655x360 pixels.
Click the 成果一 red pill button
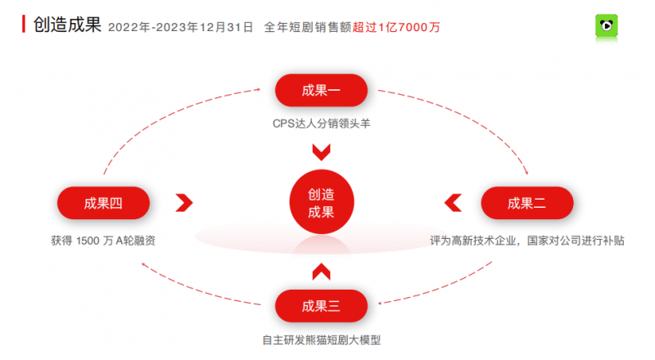point(321,90)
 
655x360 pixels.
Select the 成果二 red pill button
point(527,203)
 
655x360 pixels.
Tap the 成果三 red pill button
point(321,306)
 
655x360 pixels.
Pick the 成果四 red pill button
point(103,203)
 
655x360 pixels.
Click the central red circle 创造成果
point(321,202)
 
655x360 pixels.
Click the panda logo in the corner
point(607,28)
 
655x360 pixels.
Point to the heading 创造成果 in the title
point(67,25)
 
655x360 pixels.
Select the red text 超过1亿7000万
point(396,27)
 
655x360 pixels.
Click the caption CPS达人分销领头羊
point(321,124)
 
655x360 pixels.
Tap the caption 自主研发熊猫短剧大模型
point(321,340)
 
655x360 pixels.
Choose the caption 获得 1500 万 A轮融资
point(103,241)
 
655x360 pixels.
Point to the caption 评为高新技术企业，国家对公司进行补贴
point(527,241)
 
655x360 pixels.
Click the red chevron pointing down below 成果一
point(321,152)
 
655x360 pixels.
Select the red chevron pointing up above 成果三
point(321,272)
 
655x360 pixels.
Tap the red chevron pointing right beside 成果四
point(184,203)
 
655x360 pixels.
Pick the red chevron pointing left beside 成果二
point(453,203)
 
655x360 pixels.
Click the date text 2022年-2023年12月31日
point(180,27)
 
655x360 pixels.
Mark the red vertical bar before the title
point(24,24)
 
